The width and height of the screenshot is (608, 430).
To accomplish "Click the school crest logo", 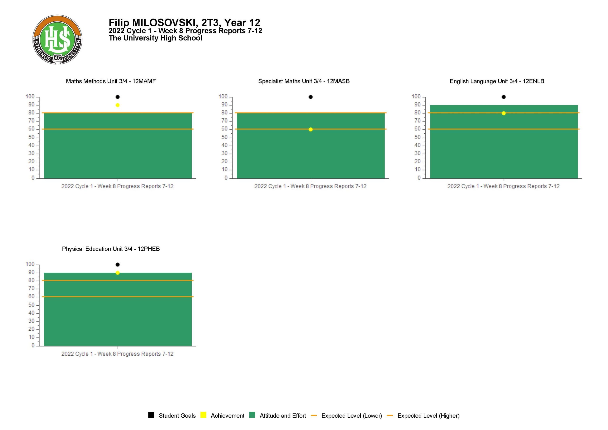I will pos(57,39).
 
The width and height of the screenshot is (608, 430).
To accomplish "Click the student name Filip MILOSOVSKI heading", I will pos(184,23).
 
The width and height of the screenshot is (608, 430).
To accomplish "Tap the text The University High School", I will pos(155,38).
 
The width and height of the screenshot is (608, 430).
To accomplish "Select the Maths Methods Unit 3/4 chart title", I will pos(111,81).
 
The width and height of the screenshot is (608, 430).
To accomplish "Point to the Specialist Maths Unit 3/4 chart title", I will pos(304,81).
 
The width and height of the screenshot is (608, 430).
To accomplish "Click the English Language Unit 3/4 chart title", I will pos(497,81).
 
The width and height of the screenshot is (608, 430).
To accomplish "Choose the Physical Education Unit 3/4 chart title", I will pos(111,249).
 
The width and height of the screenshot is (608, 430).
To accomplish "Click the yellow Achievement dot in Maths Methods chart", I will pos(118,105).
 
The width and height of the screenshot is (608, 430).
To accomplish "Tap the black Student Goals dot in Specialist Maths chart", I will pos(311,97).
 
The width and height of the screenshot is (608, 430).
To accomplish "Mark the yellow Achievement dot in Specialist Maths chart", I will pos(311,129).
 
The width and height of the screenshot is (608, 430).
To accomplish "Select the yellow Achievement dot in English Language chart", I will pos(504,113).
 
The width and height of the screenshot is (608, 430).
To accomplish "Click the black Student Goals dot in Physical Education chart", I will pos(118,264).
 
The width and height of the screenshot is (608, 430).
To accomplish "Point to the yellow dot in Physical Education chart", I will pos(118,273).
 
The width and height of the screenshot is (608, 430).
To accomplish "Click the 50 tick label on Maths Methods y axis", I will pos(32,137).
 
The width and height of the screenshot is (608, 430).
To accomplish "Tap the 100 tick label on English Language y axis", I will pos(416,97).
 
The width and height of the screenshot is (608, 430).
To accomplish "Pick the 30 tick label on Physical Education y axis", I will pos(32,321).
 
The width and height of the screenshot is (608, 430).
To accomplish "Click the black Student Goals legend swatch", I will pos(151,415).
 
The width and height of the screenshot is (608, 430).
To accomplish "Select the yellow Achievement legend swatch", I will pos(203,415).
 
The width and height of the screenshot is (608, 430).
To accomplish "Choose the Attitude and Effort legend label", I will pos(283,416).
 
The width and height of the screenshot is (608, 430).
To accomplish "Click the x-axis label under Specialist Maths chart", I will pos(310,186).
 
